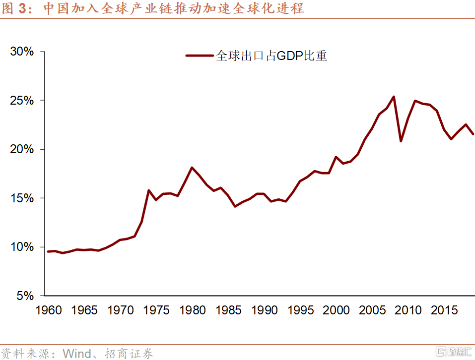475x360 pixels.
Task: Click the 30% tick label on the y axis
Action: [x=22, y=52]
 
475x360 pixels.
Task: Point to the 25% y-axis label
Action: [x=22, y=101]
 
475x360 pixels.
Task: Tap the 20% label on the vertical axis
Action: [x=22, y=149]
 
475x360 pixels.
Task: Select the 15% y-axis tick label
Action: [x=22, y=198]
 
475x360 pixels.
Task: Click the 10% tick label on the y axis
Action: [x=22, y=247]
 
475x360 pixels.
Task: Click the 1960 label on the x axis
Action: [x=49, y=310]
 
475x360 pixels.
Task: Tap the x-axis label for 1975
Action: [x=156, y=310]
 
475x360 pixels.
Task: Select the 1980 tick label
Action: [x=193, y=310]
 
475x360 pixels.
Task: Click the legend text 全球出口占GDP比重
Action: [x=271, y=56]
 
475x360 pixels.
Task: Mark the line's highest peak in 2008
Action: [x=394, y=97]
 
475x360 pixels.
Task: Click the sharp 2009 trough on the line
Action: [x=401, y=141]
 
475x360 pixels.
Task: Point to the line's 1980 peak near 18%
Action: [x=192, y=168]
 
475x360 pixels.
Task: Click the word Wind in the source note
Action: [x=76, y=353]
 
